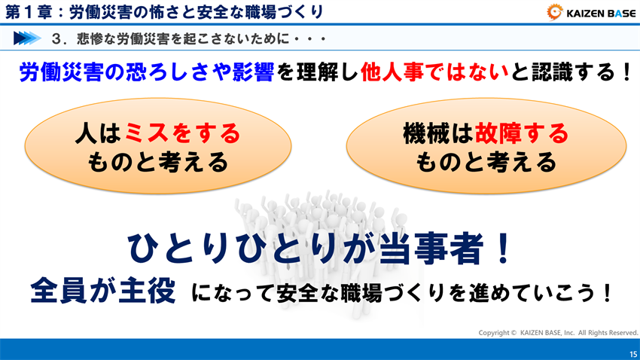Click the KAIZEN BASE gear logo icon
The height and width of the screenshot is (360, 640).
pyautogui.click(x=556, y=12)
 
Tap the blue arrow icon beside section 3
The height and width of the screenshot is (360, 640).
pyautogui.click(x=26, y=38)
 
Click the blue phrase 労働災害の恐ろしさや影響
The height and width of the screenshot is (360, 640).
pyautogui.click(x=146, y=74)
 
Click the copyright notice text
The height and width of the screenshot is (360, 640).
pyautogui.click(x=558, y=332)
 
